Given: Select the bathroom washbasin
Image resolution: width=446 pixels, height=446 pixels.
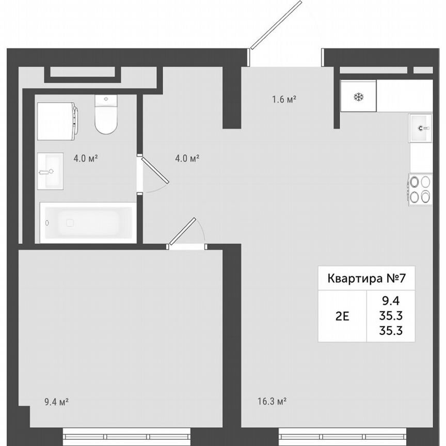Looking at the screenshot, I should tap(50, 170).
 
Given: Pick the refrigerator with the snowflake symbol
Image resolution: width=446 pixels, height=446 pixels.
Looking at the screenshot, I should tap(358, 97).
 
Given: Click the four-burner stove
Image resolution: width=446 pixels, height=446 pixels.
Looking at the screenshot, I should tap(420, 189).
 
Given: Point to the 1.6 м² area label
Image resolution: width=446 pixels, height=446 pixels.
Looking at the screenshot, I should tap(284, 100).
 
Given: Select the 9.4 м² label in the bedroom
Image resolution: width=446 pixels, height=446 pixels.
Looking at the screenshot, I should tap(57, 400).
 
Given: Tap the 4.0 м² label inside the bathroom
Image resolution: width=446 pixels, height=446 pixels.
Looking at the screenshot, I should tap(85, 158).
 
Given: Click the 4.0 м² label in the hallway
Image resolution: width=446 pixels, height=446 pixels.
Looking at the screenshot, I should tap(187, 158).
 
